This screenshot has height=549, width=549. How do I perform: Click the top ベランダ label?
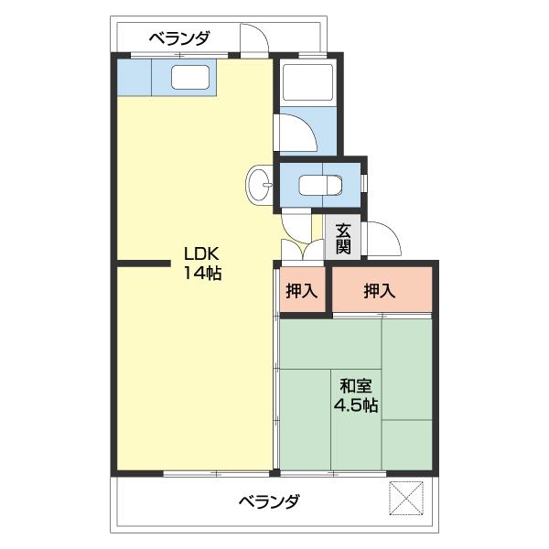pyautogui.click(x=180, y=38)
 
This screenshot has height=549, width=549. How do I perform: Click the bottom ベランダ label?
pyautogui.click(x=269, y=501)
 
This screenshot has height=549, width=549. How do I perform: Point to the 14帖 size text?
pyautogui.click(x=202, y=273)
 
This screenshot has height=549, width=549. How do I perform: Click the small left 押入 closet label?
pyautogui.click(x=301, y=291)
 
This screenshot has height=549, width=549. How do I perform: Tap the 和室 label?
pyautogui.click(x=356, y=386)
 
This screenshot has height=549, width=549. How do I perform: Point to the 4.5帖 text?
pyautogui.click(x=356, y=405)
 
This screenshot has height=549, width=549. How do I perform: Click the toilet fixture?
pyautogui.click(x=322, y=184)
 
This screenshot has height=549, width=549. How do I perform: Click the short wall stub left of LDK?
pyautogui.click(x=144, y=266)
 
